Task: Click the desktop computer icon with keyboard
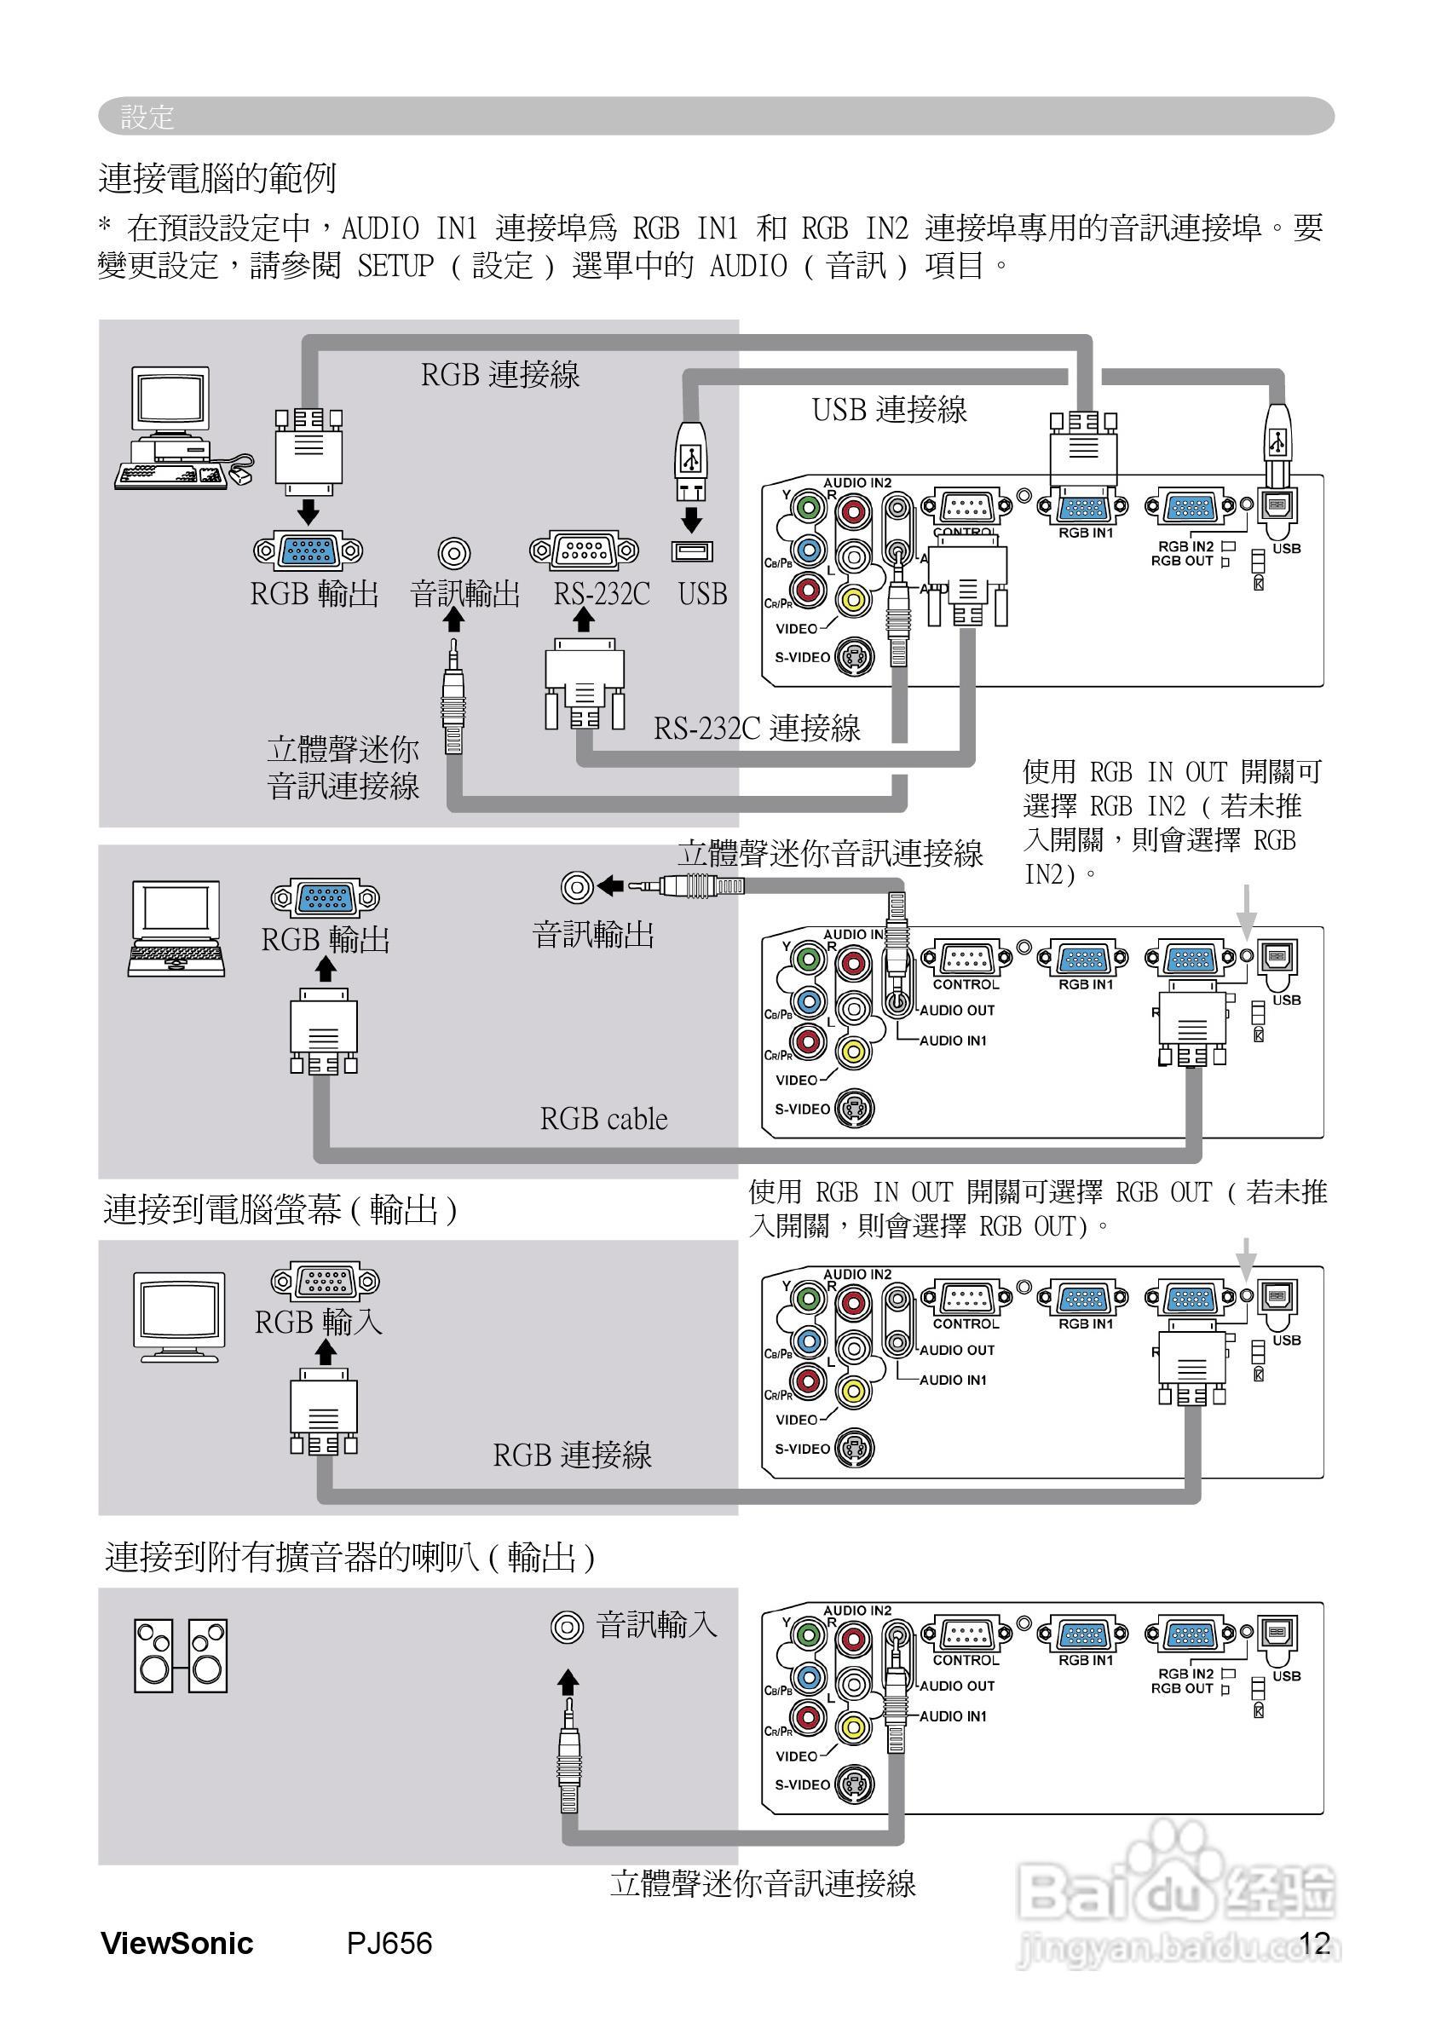coord(182,429)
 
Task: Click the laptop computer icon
coord(176,927)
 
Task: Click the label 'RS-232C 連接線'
coord(757,729)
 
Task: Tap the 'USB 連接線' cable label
coord(889,410)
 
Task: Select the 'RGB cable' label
coord(603,1119)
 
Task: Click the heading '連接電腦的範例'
coord(216,178)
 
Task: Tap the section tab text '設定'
coord(147,117)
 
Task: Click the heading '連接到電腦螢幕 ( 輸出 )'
coord(280,1209)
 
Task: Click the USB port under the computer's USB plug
coord(691,550)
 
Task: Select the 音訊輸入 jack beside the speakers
coord(568,1626)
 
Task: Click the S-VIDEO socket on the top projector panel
coord(854,657)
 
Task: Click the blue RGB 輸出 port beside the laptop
coord(326,899)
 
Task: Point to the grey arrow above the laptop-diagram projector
coord(1245,911)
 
